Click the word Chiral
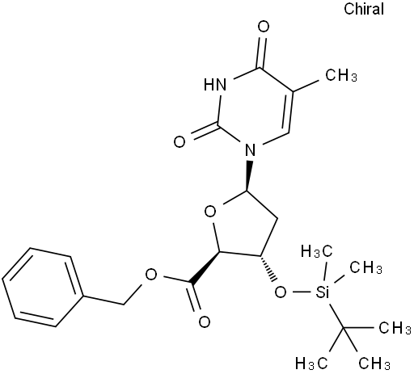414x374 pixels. (x=364, y=9)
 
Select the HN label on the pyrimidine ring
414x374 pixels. (x=215, y=85)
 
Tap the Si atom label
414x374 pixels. (x=322, y=292)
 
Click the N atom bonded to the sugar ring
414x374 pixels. (x=251, y=151)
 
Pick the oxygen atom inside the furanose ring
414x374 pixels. (x=210, y=212)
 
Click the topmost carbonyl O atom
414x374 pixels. (x=264, y=27)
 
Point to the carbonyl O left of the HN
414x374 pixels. (x=180, y=142)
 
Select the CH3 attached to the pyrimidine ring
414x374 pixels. (x=341, y=75)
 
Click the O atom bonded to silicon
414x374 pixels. (x=281, y=292)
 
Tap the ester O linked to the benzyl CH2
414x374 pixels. (x=151, y=275)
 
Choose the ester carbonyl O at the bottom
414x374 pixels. (x=205, y=321)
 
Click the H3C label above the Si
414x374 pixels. (x=316, y=252)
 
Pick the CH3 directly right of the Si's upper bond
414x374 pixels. (x=365, y=267)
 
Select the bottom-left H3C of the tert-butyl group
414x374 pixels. (x=311, y=363)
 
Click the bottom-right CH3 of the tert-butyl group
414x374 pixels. (x=374, y=363)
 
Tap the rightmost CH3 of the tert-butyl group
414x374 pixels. (x=395, y=328)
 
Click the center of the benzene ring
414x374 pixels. (x=42, y=288)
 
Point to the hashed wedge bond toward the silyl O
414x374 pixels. (x=268, y=268)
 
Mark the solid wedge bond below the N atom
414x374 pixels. (x=249, y=176)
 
